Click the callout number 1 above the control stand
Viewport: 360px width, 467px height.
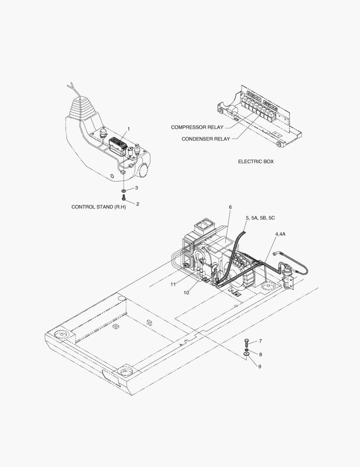pyautogui.click(x=128, y=129)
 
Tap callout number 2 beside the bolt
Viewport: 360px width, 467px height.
pyautogui.click(x=137, y=204)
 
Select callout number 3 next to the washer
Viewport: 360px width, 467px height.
pyautogui.click(x=136, y=188)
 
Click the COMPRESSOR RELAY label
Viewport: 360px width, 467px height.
pyautogui.click(x=197, y=127)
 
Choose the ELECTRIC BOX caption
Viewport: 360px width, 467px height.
pyautogui.click(x=256, y=161)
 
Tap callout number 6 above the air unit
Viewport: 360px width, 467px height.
pyautogui.click(x=230, y=207)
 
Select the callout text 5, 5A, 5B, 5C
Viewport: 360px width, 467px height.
pyautogui.click(x=260, y=218)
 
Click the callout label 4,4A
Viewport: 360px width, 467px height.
pyautogui.click(x=280, y=233)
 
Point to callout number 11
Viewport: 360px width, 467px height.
pyautogui.click(x=173, y=284)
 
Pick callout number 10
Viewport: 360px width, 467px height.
pyautogui.click(x=186, y=293)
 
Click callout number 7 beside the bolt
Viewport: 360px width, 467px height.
pyautogui.click(x=260, y=341)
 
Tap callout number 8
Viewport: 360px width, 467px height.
pyautogui.click(x=260, y=354)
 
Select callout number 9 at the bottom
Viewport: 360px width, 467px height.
pyautogui.click(x=260, y=367)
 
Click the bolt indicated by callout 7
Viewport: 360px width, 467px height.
pyautogui.click(x=247, y=343)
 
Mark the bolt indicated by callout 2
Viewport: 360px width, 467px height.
pyautogui.click(x=124, y=198)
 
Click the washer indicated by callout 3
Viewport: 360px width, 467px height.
pyautogui.click(x=124, y=190)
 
